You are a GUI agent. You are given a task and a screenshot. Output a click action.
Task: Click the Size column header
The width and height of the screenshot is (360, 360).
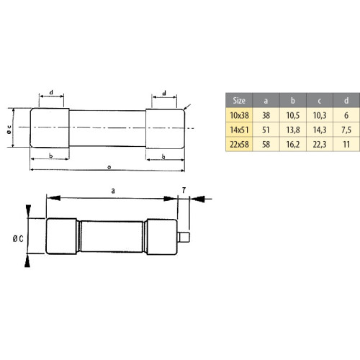pyautogui.click(x=239, y=100)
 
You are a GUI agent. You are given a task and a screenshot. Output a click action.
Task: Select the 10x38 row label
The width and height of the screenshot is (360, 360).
pyautogui.click(x=239, y=115)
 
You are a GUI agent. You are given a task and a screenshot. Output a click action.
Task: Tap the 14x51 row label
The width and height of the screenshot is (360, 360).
pyautogui.click(x=239, y=130)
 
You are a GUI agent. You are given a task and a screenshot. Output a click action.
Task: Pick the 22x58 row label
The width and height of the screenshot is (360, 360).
pyautogui.click(x=239, y=145)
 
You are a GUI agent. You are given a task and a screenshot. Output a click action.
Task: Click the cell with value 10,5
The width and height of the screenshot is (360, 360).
pyautogui.click(x=293, y=115)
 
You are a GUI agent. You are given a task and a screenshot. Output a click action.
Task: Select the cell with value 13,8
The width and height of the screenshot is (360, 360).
pyautogui.click(x=293, y=130)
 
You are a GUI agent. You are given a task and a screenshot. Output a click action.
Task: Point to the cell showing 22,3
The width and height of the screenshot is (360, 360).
pyautogui.click(x=320, y=145)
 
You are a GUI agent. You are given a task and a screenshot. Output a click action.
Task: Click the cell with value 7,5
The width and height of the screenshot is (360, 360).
pyautogui.click(x=346, y=130)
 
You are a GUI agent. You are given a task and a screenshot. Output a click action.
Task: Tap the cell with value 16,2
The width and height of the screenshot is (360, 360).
pyautogui.click(x=293, y=145)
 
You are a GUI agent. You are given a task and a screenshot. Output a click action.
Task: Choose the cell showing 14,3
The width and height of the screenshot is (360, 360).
pyautogui.click(x=320, y=130)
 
